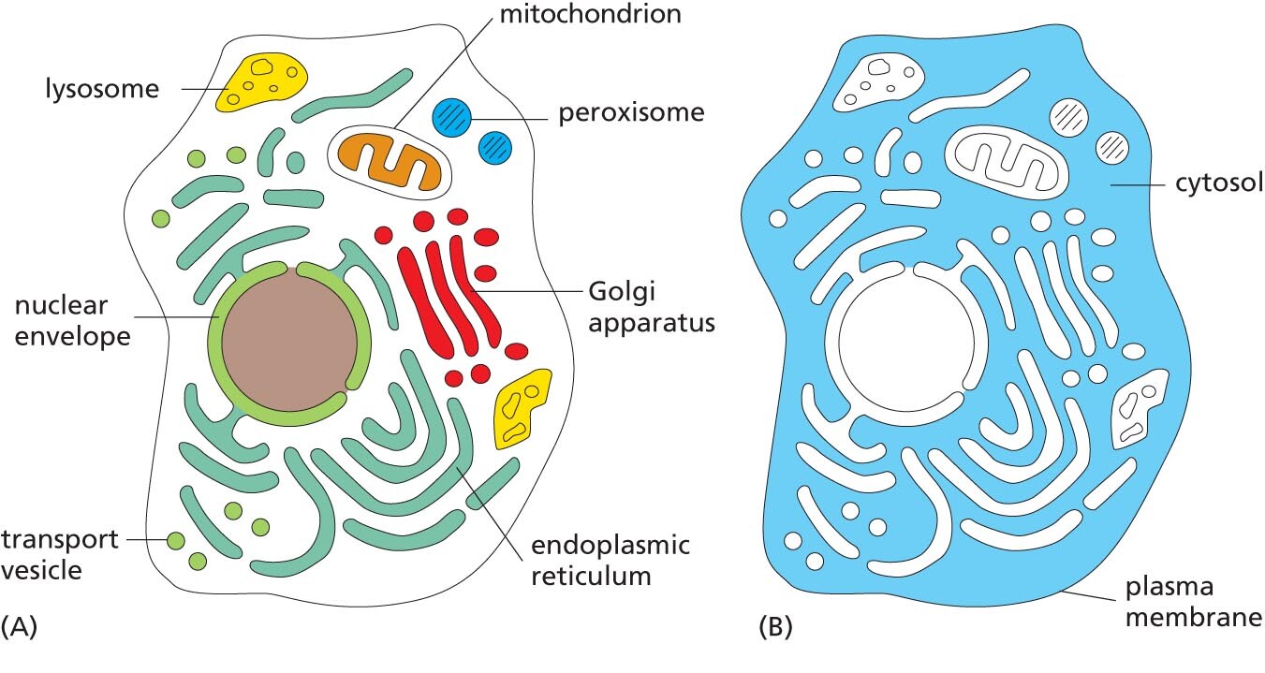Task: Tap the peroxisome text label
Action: [x=631, y=114]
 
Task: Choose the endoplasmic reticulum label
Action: [x=610, y=560]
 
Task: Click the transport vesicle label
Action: [x=59, y=554]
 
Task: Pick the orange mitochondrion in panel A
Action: [x=391, y=160]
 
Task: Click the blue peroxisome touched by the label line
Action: [x=451, y=119]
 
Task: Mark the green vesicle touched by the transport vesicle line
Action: [x=176, y=540]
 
